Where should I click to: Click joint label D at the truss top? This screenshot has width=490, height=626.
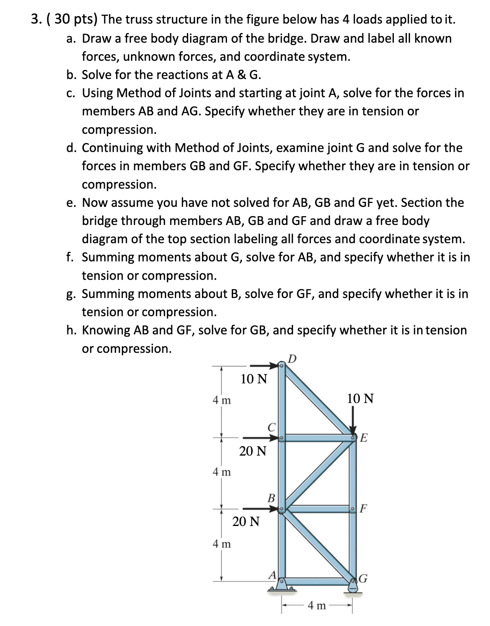[293, 359]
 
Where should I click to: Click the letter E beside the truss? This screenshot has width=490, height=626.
[364, 438]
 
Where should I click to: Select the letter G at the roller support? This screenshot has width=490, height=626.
[363, 578]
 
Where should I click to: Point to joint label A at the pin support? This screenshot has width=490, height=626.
[272, 575]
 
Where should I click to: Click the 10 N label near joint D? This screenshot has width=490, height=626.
[254, 379]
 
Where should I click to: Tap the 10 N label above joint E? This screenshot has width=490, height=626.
[360, 398]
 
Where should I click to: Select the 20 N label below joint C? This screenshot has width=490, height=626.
[253, 451]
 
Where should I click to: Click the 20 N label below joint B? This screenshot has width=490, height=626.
[246, 522]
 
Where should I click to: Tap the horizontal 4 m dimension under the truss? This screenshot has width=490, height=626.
[317, 606]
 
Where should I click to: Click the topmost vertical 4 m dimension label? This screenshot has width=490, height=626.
[222, 400]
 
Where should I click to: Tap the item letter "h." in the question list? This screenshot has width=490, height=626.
[71, 330]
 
